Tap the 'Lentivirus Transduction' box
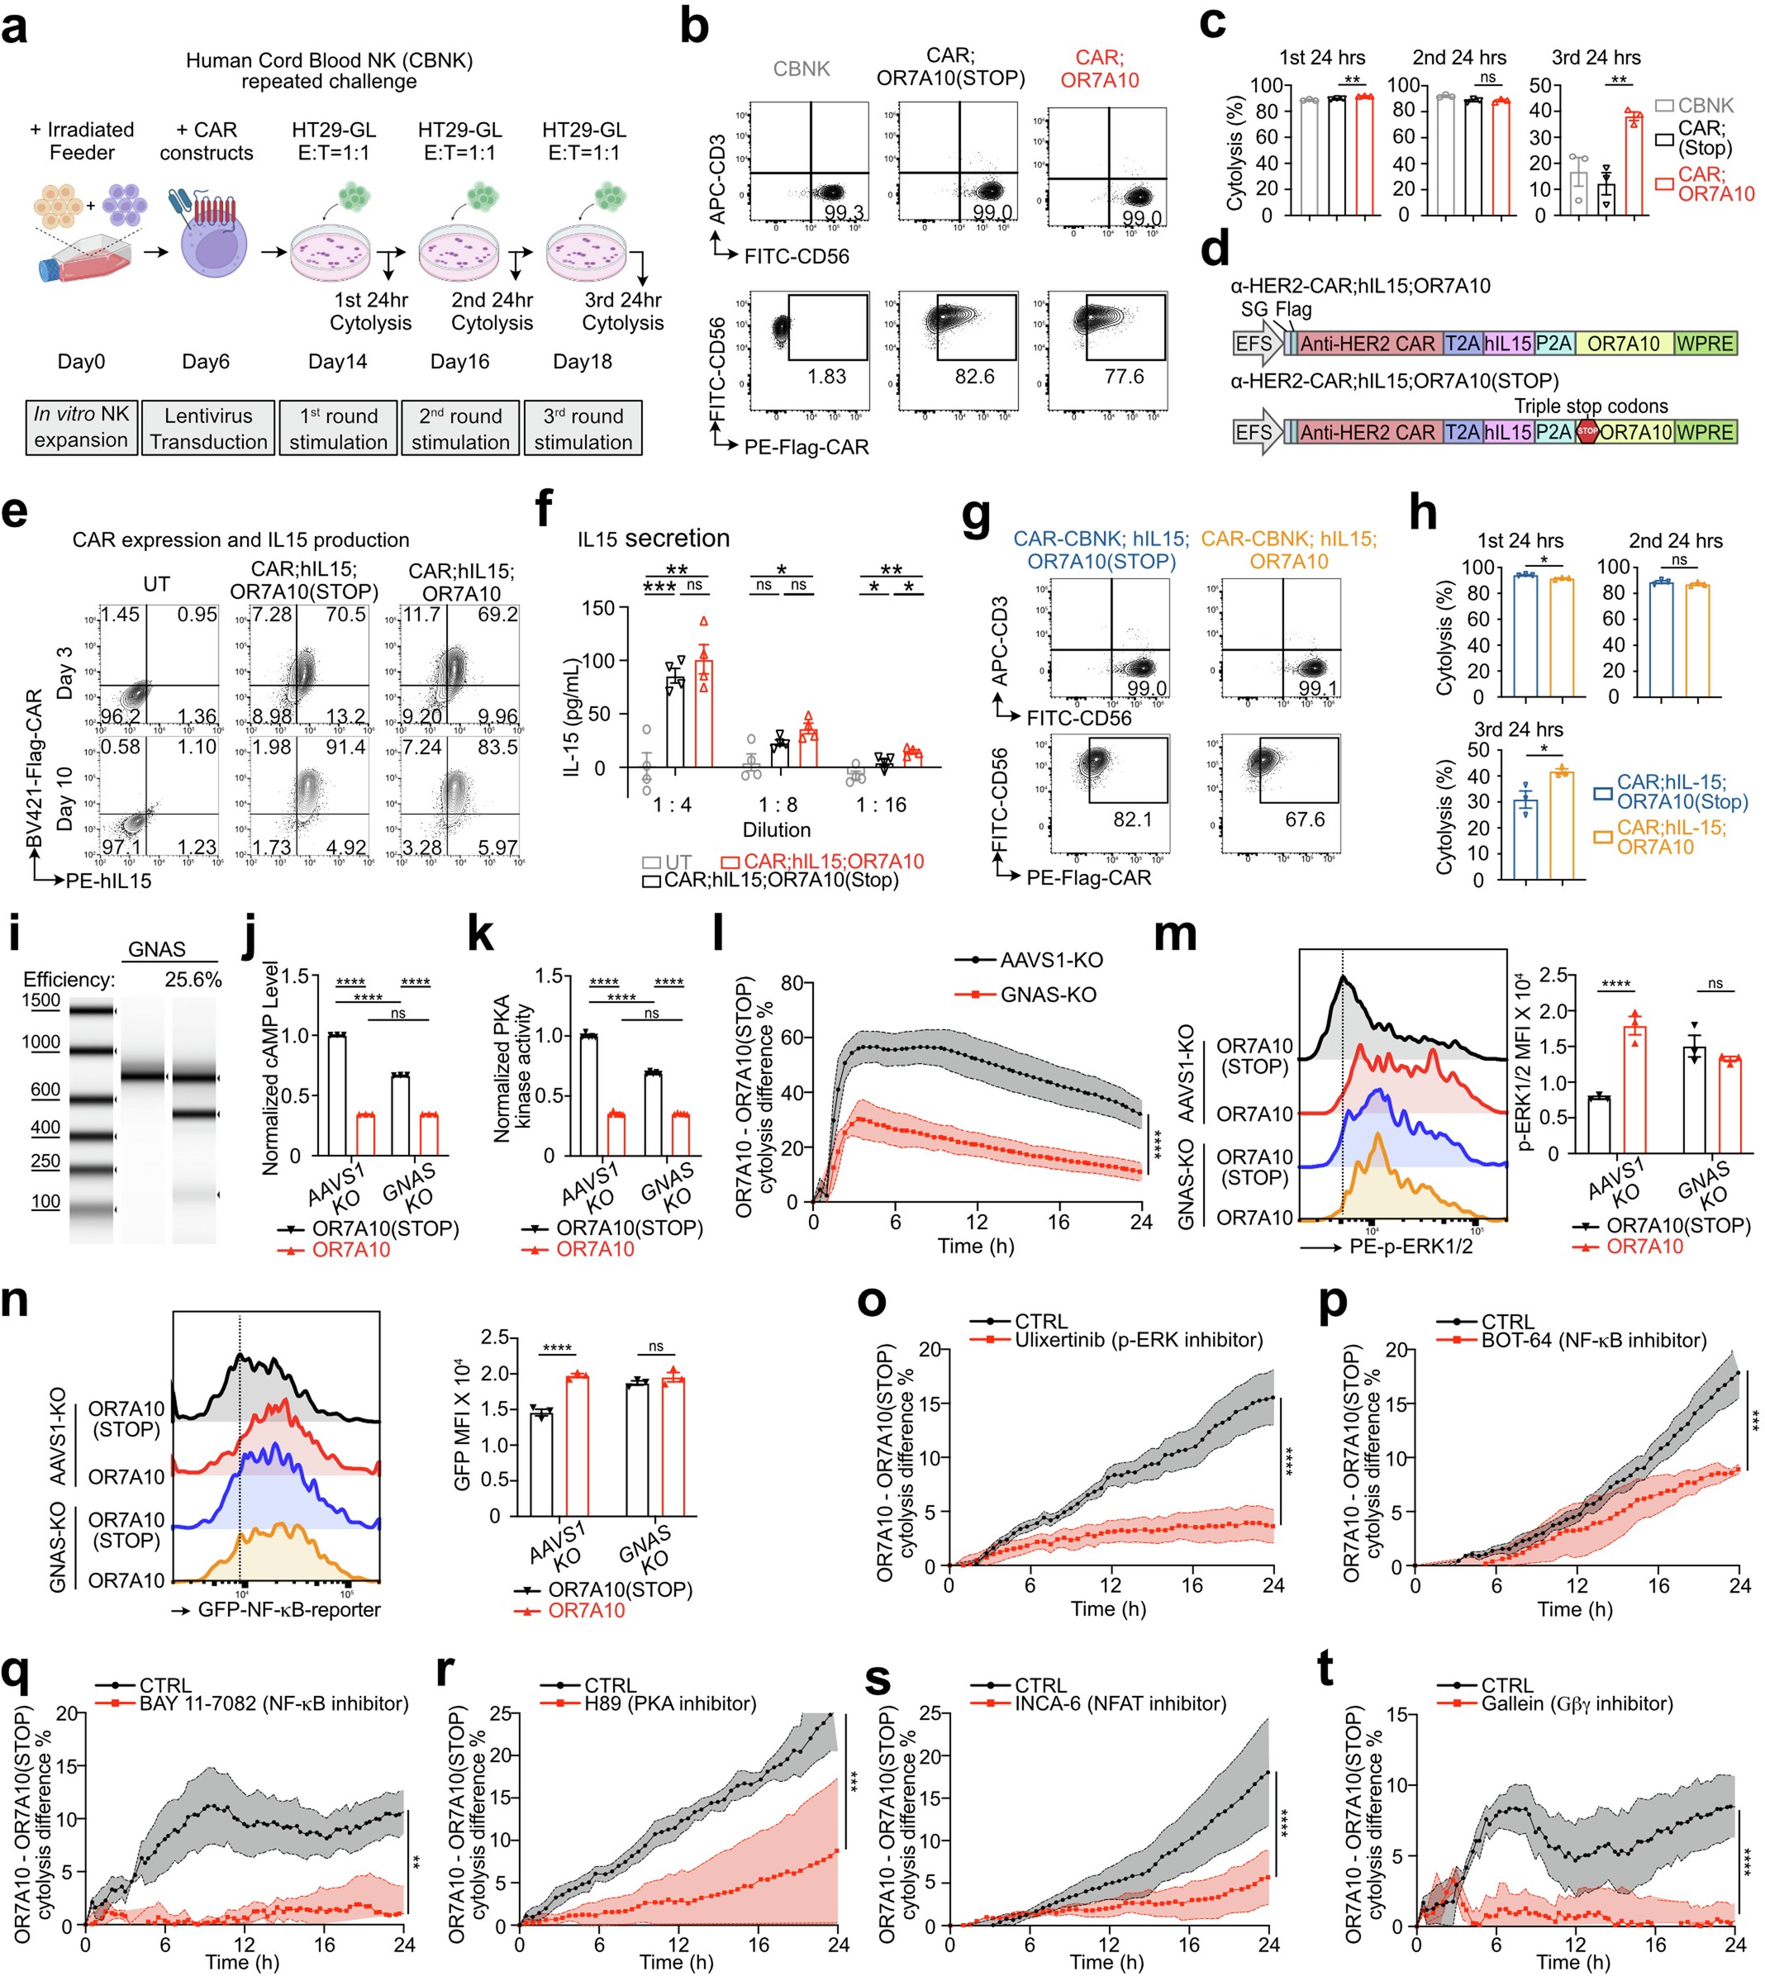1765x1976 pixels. click(207, 429)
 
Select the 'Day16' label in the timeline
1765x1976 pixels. click(459, 362)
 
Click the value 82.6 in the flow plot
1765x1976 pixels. click(973, 376)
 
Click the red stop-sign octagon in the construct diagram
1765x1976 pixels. click(1587, 430)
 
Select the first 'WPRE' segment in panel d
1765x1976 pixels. click(1705, 343)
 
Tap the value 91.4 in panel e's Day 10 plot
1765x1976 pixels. click(345, 748)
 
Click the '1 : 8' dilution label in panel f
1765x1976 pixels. click(778, 805)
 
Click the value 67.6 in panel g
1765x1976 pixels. click(1305, 819)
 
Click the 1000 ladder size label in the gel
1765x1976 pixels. click(40, 1043)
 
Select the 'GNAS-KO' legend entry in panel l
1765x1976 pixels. click(1048, 995)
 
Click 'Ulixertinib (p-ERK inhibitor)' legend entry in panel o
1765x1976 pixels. click(1139, 1341)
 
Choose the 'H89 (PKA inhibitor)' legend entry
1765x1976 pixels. click(669, 1703)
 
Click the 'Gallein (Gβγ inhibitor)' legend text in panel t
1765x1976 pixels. click(1577, 1703)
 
